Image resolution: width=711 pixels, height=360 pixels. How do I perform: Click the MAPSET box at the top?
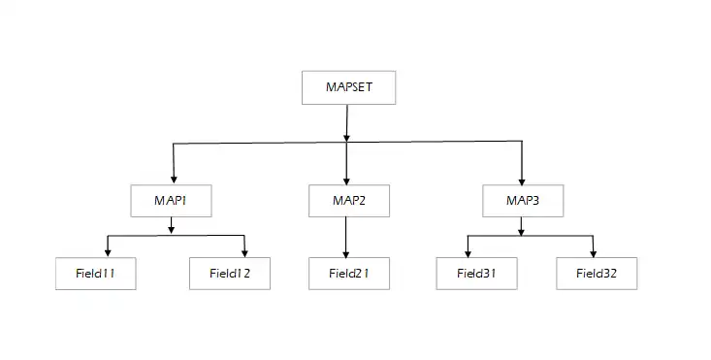pyautogui.click(x=348, y=86)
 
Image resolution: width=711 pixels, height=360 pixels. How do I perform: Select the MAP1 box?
pyautogui.click(x=171, y=200)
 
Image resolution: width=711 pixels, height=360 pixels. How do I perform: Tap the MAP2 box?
pyautogui.click(x=348, y=200)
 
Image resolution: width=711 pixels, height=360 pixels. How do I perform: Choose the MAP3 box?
pyautogui.click(x=522, y=200)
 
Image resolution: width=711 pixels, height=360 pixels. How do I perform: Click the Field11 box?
pyautogui.click(x=95, y=274)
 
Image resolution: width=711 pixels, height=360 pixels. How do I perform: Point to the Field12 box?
pyautogui.click(x=229, y=274)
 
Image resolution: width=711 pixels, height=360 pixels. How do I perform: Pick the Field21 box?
pyautogui.click(x=348, y=274)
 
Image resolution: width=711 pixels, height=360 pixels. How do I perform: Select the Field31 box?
pyautogui.click(x=476, y=274)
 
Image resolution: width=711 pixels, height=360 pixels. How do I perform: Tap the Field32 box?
pyautogui.click(x=597, y=274)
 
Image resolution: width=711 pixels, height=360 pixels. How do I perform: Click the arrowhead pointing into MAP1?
pyautogui.click(x=173, y=178)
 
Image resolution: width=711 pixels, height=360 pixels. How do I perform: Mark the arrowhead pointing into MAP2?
pyautogui.click(x=347, y=178)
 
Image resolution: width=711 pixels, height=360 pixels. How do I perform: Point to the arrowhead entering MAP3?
pyautogui.click(x=522, y=178)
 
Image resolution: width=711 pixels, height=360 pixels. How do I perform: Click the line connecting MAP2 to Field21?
pyautogui.click(x=347, y=237)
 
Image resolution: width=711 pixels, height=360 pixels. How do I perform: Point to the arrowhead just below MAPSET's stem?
pyautogui.click(x=347, y=137)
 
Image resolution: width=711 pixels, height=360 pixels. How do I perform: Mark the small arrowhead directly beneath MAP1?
pyautogui.click(x=172, y=229)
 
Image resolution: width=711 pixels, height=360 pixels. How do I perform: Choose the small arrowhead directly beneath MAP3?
pyautogui.click(x=522, y=229)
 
